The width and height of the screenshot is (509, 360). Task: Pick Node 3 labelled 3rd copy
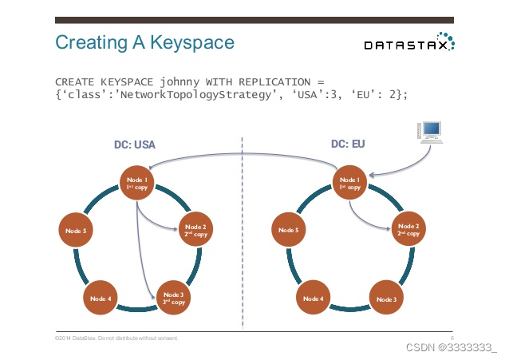coord(174,299)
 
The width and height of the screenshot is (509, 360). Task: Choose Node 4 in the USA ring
coord(101,299)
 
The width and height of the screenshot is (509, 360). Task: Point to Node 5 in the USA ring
coord(77,231)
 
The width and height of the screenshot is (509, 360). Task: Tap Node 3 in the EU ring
coord(386,299)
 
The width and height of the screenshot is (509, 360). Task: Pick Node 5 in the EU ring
coord(290,231)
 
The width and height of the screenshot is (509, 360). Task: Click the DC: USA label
coord(134,144)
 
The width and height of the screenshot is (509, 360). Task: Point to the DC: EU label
coord(349,144)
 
